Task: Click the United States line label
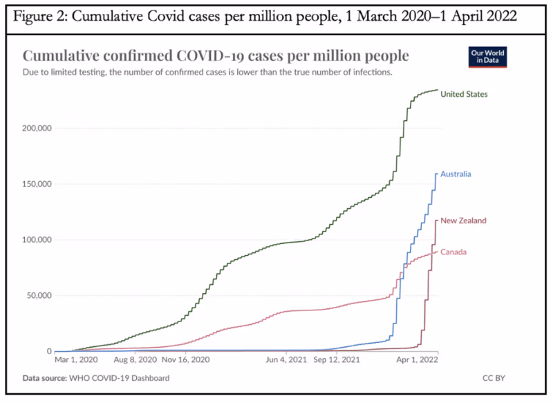click(x=465, y=94)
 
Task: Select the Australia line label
click(x=456, y=174)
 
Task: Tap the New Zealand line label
click(x=463, y=221)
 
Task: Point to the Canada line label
click(x=453, y=252)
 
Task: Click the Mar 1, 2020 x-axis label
click(x=77, y=360)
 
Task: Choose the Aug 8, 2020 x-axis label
click(x=132, y=360)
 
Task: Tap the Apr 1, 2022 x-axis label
click(x=418, y=360)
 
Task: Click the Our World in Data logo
click(x=487, y=57)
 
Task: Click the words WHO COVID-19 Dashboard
click(x=119, y=379)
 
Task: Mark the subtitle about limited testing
click(x=207, y=71)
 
